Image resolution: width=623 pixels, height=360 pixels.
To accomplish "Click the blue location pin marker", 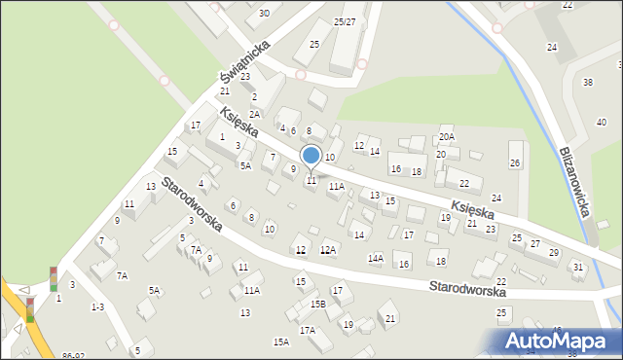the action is pyautogui.click(x=311, y=156).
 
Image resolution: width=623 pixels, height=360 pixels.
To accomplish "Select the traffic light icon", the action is pyautogui.click(x=53, y=279).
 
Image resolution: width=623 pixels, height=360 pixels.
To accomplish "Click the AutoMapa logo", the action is pyautogui.click(x=559, y=341).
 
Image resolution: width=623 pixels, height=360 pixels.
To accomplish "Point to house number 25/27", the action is pyautogui.click(x=345, y=21).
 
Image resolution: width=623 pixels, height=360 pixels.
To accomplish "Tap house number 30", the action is pyautogui.click(x=265, y=14).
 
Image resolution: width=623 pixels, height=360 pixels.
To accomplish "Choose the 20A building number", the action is pyautogui.click(x=446, y=137).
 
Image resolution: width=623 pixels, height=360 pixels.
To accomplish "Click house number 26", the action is pyautogui.click(x=515, y=162).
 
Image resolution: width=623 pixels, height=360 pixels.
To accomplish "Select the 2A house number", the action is pyautogui.click(x=254, y=114).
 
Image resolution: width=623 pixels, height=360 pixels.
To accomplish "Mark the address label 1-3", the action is pyautogui.click(x=97, y=306).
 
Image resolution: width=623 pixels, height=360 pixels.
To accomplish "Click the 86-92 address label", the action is pyautogui.click(x=72, y=356).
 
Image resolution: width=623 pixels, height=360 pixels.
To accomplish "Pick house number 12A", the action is pyautogui.click(x=328, y=250).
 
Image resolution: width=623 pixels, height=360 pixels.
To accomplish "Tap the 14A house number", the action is pyautogui.click(x=375, y=259).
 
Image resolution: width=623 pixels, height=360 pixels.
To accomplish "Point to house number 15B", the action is pyautogui.click(x=317, y=305).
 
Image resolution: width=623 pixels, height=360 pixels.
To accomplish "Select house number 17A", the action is pyautogui.click(x=307, y=331).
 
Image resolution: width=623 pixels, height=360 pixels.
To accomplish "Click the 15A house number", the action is pyautogui.click(x=280, y=342).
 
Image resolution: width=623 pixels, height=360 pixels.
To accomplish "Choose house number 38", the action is pyautogui.click(x=587, y=82).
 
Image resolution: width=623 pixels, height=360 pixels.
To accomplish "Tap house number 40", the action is pyautogui.click(x=601, y=121).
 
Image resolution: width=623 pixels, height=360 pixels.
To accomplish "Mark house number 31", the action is pyautogui.click(x=577, y=267).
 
